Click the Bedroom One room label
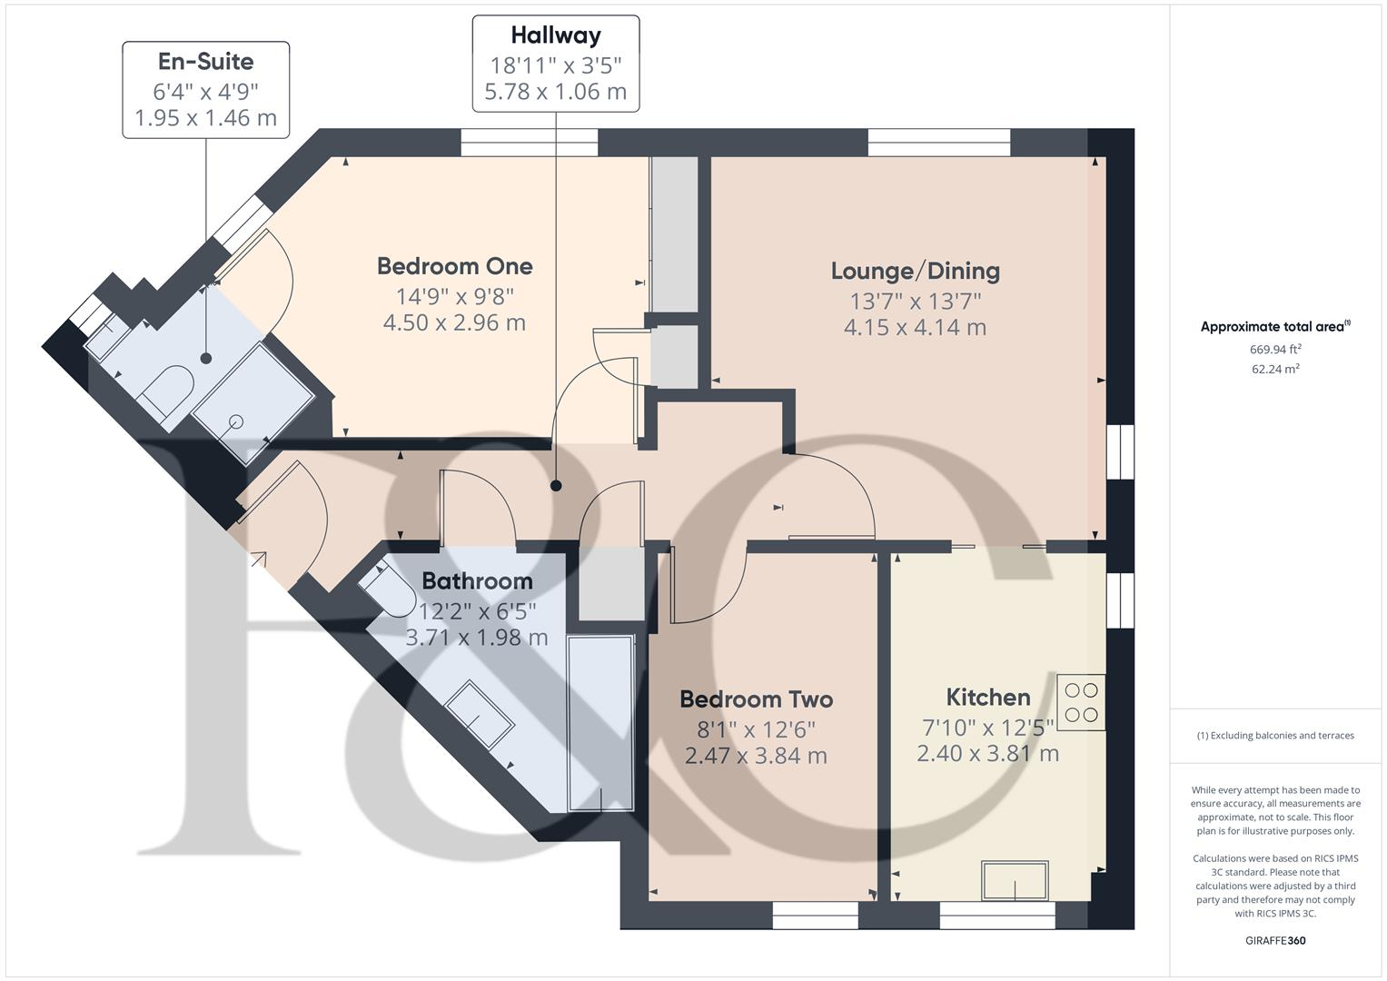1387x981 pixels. pos(454,266)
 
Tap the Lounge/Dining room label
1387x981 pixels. pos(915,271)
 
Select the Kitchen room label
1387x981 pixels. pos(987,698)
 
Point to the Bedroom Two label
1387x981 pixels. pos(756,699)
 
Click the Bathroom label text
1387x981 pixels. pos(477,581)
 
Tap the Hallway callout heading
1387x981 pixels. pos(555,35)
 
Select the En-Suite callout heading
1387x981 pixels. pos(205,62)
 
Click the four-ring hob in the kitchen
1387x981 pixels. pos(1082,702)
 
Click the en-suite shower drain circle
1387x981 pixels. pos(236,421)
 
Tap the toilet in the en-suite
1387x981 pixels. pos(166,391)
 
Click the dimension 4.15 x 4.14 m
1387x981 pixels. pos(915,327)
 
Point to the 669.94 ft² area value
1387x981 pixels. pos(1275,349)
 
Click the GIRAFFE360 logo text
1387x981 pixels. pos(1275,940)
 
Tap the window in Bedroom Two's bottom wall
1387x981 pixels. pos(815,916)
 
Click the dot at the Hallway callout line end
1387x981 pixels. pos(556,486)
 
